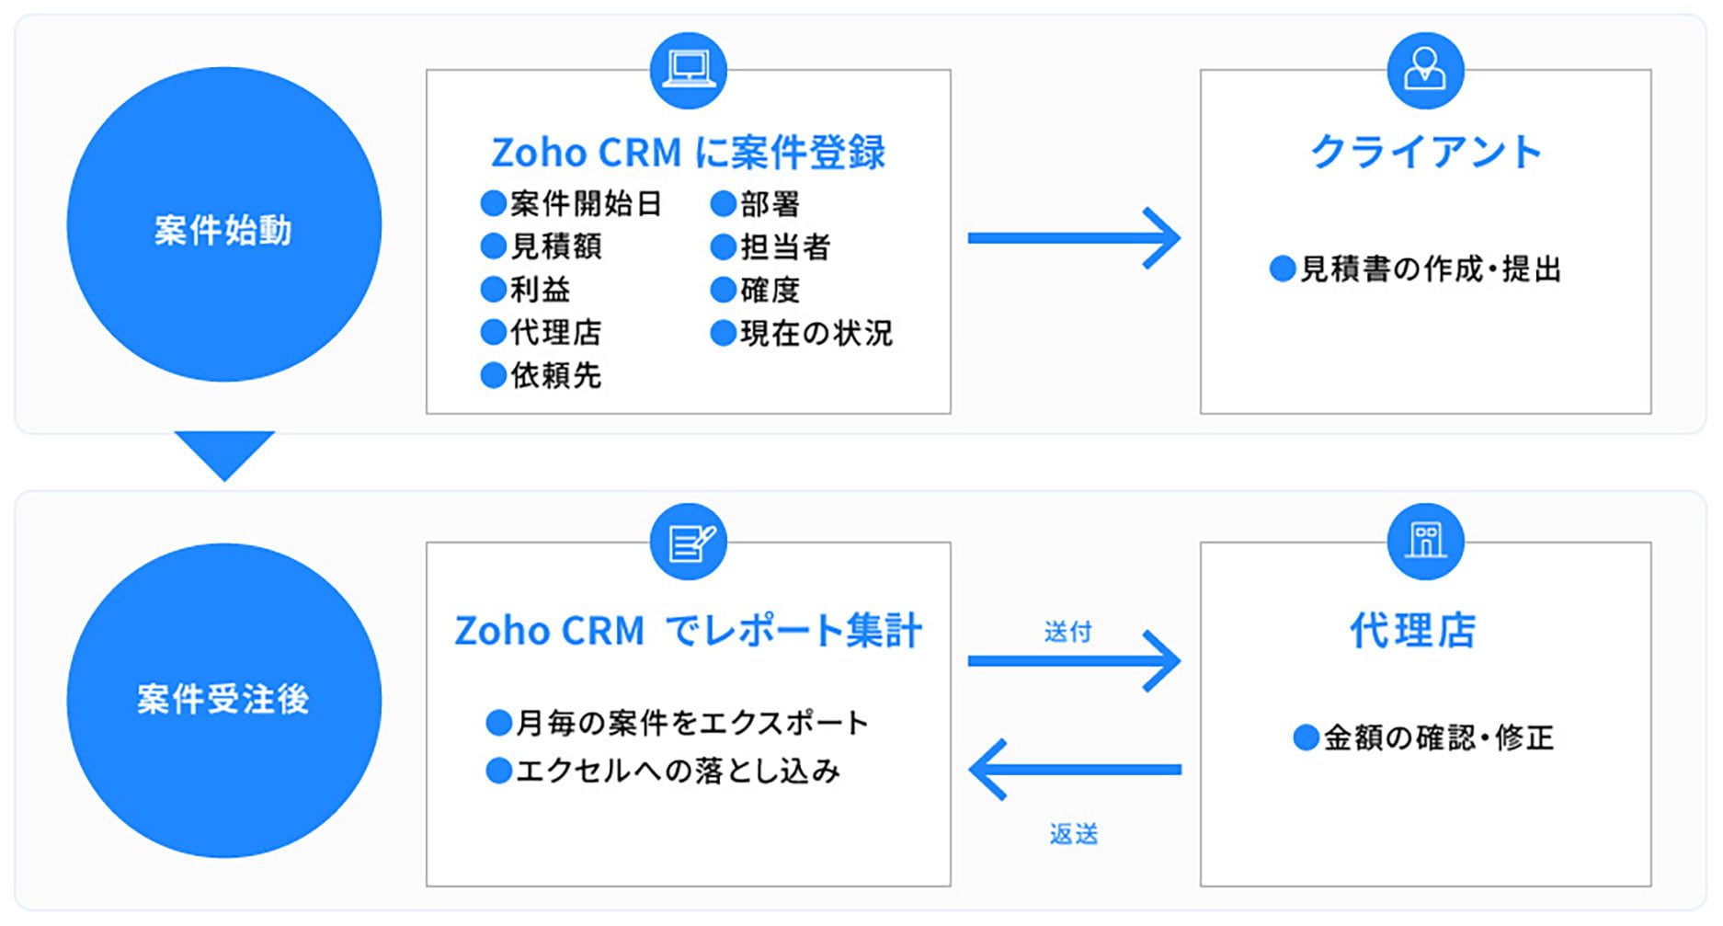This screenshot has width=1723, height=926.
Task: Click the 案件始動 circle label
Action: point(223,229)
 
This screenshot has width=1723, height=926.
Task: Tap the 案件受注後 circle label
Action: point(223,699)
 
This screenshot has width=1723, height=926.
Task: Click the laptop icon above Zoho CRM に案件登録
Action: point(688,70)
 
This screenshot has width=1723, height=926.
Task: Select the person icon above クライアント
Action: point(1425,70)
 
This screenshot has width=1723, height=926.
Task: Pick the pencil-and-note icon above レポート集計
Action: point(688,542)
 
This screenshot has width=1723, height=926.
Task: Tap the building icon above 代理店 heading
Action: point(1425,542)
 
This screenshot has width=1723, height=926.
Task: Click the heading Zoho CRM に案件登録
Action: point(688,153)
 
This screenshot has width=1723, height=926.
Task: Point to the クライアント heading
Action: point(1425,152)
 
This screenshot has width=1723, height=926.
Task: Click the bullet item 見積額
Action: point(555,246)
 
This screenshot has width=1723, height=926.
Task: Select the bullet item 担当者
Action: point(784,246)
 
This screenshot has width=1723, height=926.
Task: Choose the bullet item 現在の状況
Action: point(816,333)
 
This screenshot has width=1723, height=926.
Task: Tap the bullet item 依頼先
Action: point(555,375)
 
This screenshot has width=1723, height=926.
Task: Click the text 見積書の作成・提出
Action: point(1430,269)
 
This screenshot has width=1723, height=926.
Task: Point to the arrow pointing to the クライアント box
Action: point(1074,238)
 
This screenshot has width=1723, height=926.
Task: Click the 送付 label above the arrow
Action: point(1067,632)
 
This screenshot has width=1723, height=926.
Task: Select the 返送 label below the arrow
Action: point(1074,834)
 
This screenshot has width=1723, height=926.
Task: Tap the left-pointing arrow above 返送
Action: point(1074,770)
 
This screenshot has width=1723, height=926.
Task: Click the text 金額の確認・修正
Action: point(1438,737)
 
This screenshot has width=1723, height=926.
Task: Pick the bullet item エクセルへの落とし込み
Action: point(677,771)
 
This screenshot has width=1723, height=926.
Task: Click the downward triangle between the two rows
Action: point(224,451)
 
